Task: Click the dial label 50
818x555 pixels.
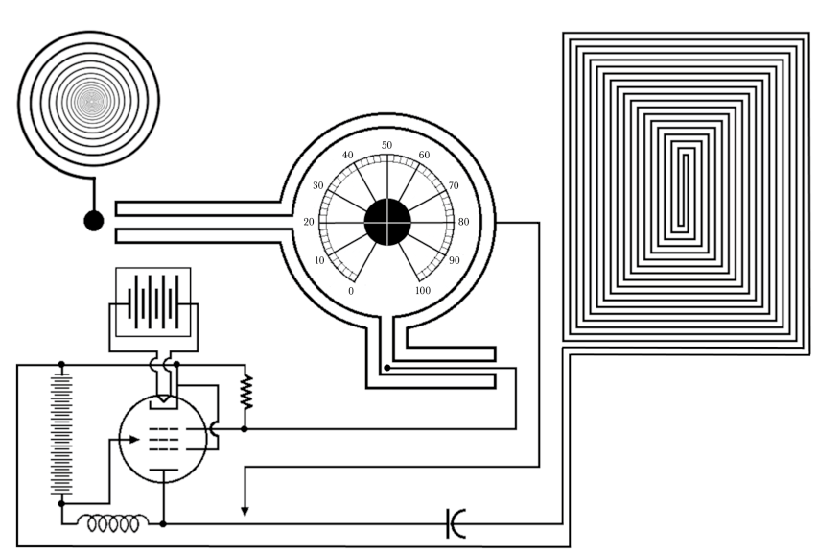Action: tap(386, 145)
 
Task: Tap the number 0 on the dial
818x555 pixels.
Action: tap(351, 291)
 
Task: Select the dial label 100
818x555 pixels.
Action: tap(423, 291)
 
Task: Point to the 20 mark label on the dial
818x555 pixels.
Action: tap(309, 222)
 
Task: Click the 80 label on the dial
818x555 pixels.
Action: tap(464, 222)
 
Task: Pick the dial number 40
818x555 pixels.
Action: tap(348, 155)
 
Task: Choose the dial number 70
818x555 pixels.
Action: tap(454, 185)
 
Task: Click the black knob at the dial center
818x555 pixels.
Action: tap(387, 222)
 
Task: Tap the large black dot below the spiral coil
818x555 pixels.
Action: tap(94, 221)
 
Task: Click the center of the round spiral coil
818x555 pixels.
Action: tap(89, 101)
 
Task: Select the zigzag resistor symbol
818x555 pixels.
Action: tap(245, 392)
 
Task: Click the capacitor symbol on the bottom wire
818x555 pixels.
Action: tap(456, 523)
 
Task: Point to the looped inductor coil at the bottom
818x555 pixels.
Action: tap(113, 522)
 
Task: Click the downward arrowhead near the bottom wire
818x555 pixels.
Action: tap(245, 511)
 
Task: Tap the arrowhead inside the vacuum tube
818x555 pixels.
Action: tap(134, 440)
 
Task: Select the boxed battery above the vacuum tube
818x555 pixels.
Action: tap(153, 302)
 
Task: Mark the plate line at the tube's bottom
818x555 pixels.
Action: tap(164, 471)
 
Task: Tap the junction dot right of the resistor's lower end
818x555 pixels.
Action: tap(245, 429)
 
